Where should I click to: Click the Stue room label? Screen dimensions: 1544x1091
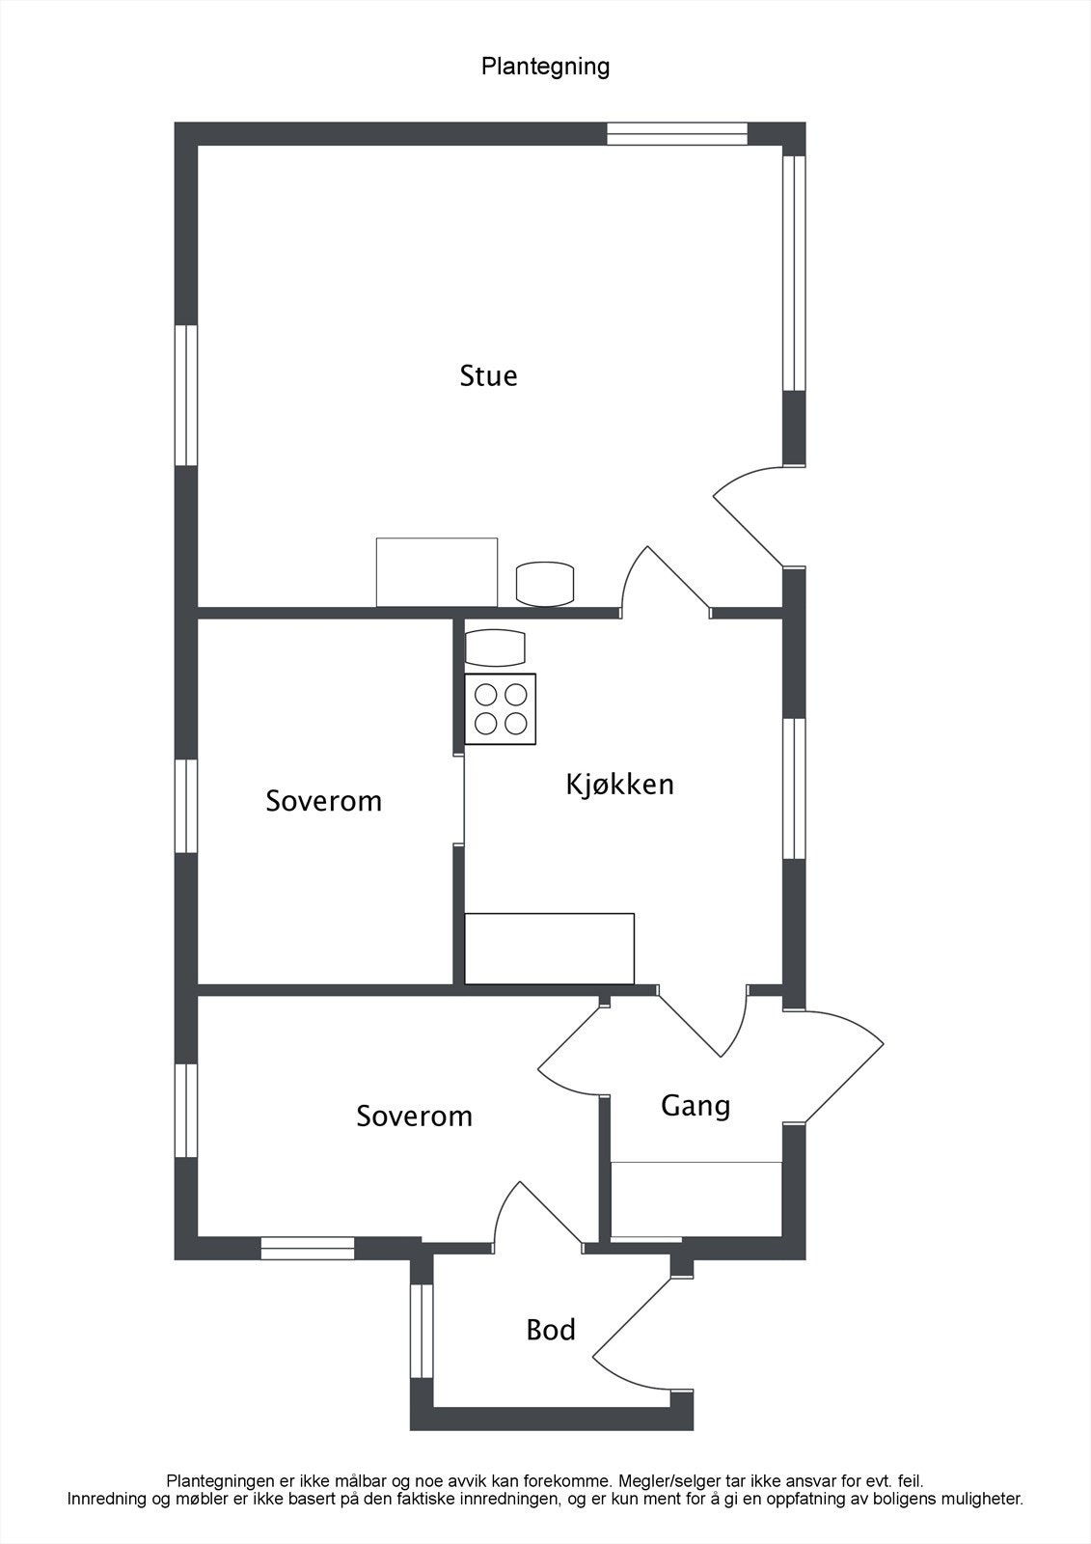[x=488, y=375]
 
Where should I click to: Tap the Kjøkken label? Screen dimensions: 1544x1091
[x=619, y=785]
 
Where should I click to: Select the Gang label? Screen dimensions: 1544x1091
[x=695, y=1105]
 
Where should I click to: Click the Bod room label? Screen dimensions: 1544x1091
[x=551, y=1330]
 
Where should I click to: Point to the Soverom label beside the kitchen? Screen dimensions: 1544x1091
[x=324, y=801]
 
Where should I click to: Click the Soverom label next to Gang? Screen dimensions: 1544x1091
[x=414, y=1117]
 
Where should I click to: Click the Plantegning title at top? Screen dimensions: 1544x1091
[x=545, y=67]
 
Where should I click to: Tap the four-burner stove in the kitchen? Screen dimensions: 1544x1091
[x=501, y=708]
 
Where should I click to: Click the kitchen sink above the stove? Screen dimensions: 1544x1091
[x=495, y=648]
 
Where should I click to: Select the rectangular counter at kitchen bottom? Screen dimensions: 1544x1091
[x=549, y=949]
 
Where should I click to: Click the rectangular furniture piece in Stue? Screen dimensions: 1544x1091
[x=436, y=572]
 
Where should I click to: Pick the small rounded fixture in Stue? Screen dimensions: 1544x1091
[x=545, y=584]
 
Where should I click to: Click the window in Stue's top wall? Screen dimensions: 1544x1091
[x=677, y=133]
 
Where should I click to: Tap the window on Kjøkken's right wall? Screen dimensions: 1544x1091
[x=793, y=788]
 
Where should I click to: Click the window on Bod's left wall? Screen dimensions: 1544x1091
[x=422, y=1331]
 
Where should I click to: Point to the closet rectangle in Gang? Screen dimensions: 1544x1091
[x=696, y=1199]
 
